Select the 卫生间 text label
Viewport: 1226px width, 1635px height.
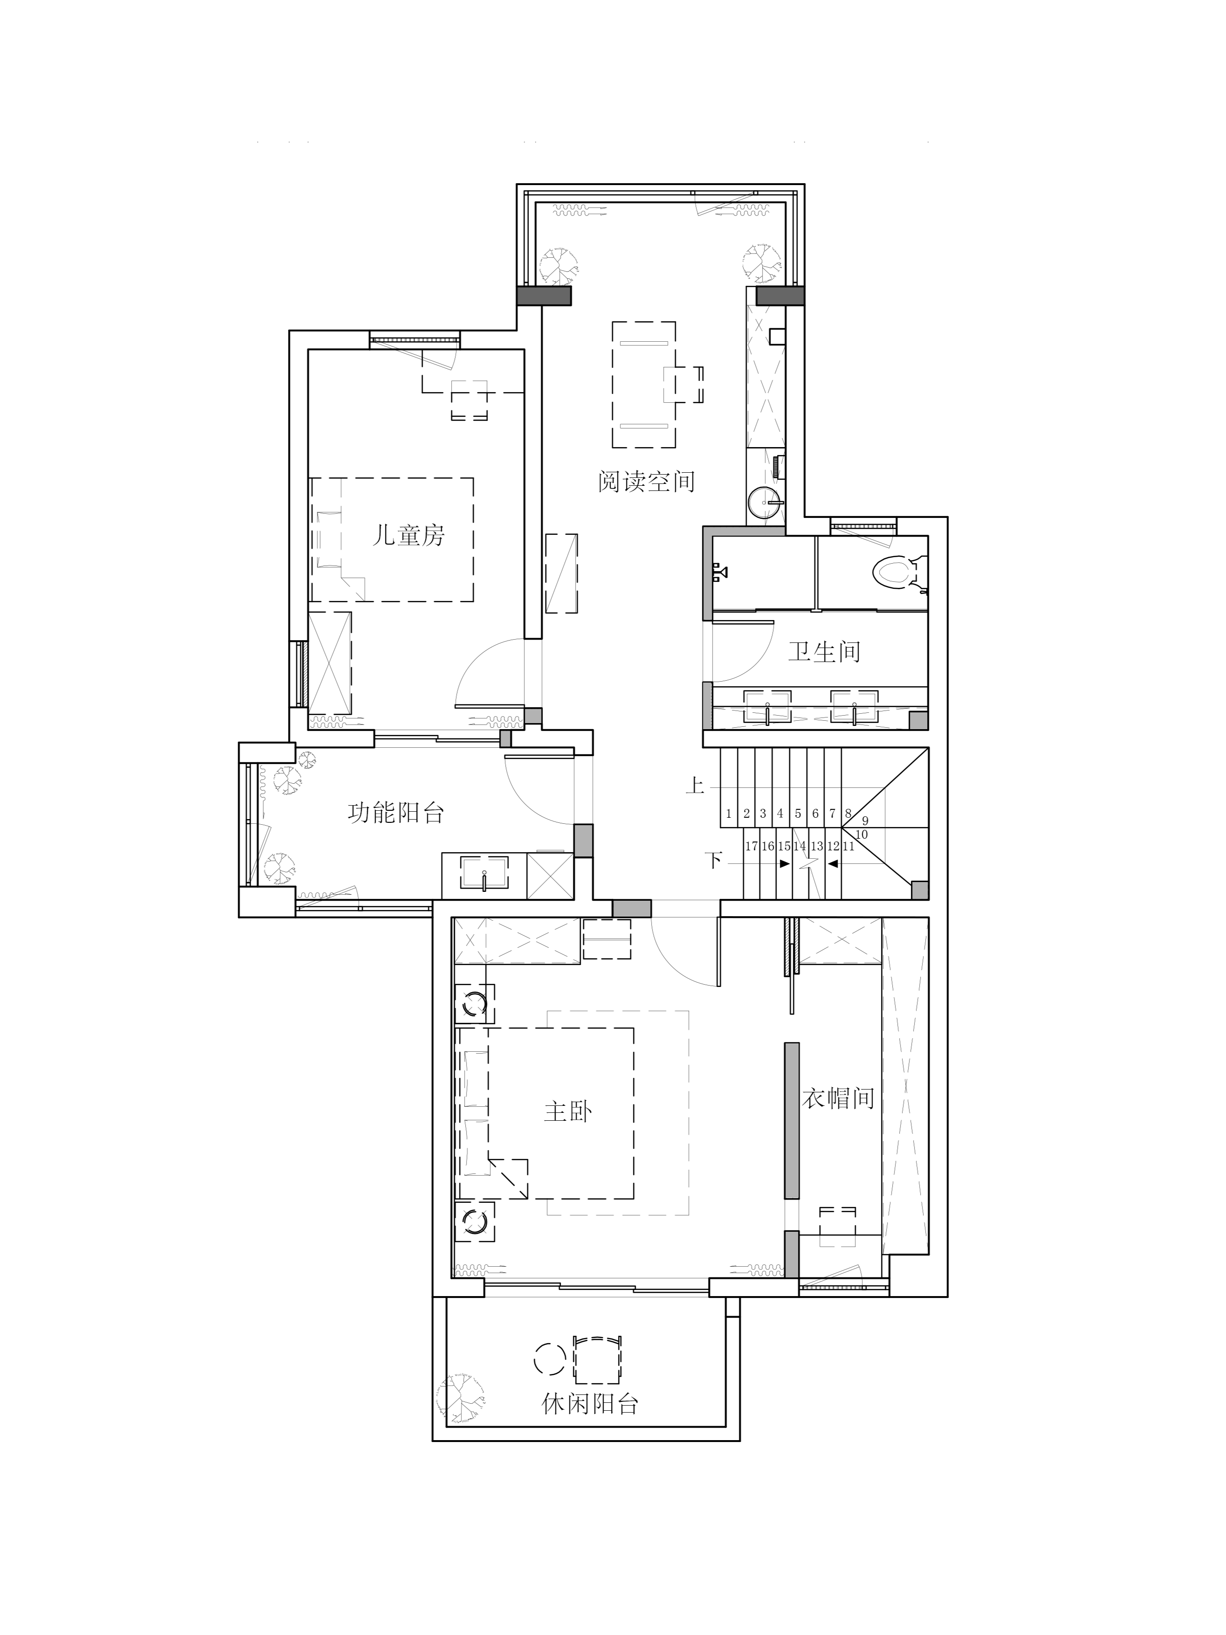point(824,651)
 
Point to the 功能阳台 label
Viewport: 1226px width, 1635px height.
point(396,813)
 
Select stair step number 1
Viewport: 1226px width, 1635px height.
point(729,814)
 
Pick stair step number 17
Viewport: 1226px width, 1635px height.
point(751,846)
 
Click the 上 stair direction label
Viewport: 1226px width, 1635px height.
point(695,785)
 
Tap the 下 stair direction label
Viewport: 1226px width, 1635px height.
point(714,860)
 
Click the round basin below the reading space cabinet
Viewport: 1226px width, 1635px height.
point(764,504)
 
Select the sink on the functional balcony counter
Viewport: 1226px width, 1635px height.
point(484,873)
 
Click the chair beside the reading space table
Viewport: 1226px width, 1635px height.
point(683,384)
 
